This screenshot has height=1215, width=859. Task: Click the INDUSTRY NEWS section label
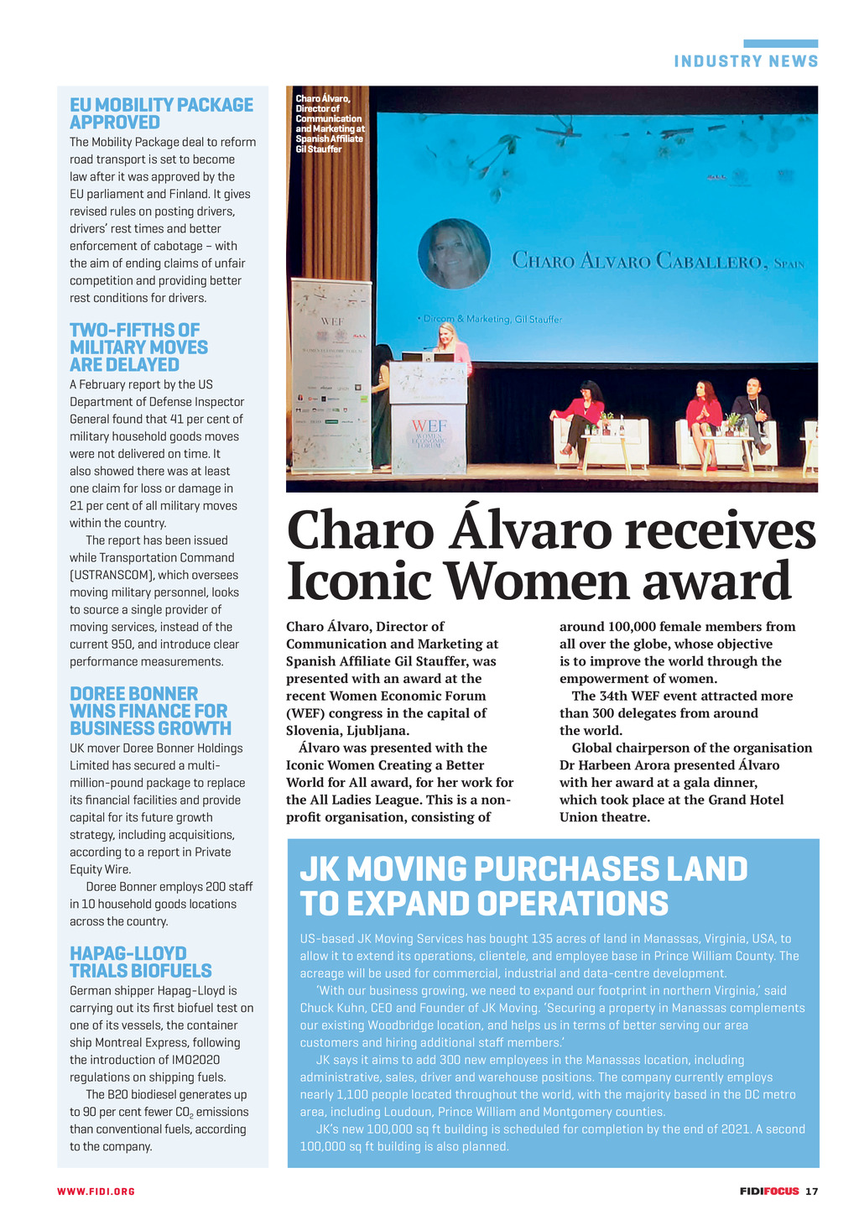pyautogui.click(x=746, y=61)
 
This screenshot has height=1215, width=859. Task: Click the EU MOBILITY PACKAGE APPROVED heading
pyautogui.click(x=161, y=113)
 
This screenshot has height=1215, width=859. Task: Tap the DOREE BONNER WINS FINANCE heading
pyautogui.click(x=150, y=711)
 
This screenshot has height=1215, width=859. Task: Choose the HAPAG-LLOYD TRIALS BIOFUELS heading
pyautogui.click(x=140, y=962)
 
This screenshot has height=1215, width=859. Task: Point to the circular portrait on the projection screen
pyautogui.click(x=454, y=253)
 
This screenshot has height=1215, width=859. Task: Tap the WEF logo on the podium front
pyautogui.click(x=428, y=434)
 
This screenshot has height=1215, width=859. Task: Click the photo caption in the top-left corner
pyautogui.click(x=330, y=124)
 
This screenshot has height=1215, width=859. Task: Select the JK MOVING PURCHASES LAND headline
pyautogui.click(x=523, y=886)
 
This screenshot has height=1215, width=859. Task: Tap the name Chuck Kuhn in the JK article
pyautogui.click(x=332, y=1008)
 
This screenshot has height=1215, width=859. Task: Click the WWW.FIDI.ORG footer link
pyautogui.click(x=96, y=1192)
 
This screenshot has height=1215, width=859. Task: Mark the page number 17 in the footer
pyautogui.click(x=811, y=1192)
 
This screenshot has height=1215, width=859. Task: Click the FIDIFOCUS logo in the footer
pyautogui.click(x=768, y=1192)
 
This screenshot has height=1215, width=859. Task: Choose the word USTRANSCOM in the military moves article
pyautogui.click(x=111, y=575)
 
